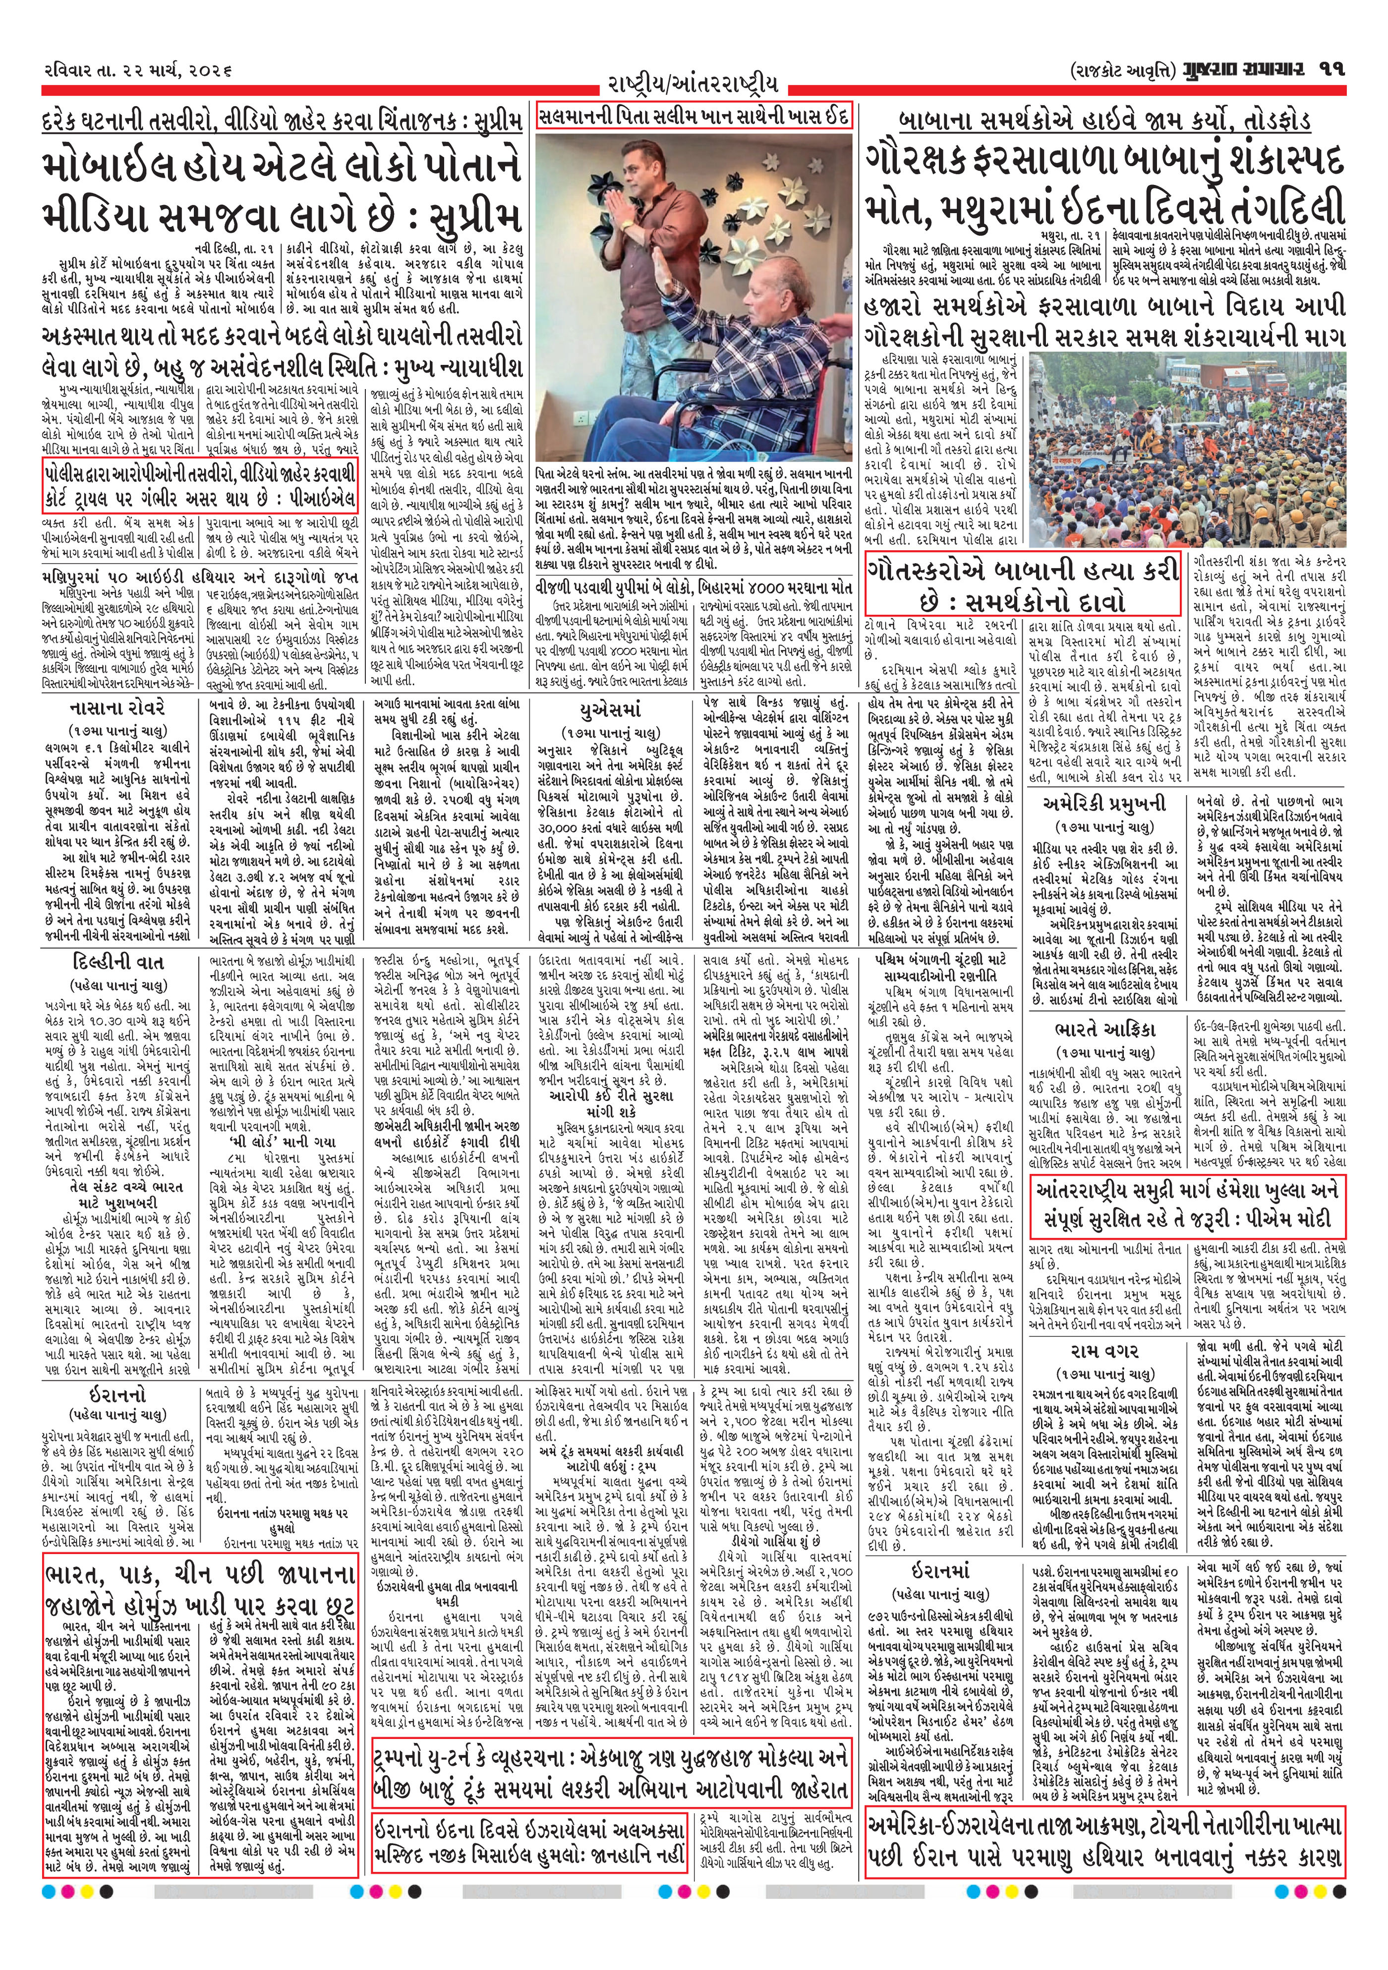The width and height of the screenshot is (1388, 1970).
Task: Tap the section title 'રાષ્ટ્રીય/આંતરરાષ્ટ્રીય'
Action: [x=693, y=85]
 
